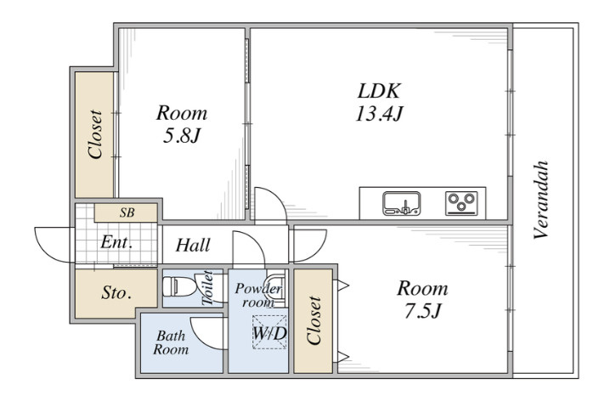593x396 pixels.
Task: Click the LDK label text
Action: (379, 91)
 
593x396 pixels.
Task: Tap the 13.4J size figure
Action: (379, 113)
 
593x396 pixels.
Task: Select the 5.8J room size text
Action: (181, 136)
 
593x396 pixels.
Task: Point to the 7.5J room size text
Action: (422, 311)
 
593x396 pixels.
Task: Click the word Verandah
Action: (541, 201)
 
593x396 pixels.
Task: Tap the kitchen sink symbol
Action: (402, 203)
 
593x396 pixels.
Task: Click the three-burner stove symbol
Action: (461, 203)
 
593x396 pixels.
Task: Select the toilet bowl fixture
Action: (179, 287)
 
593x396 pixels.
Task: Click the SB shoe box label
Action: (127, 212)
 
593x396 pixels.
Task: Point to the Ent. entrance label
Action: (116, 242)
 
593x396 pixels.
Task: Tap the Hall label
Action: (193, 245)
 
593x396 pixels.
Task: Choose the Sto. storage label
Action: (116, 292)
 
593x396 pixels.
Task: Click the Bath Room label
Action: (171, 342)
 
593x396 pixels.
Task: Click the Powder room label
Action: (258, 295)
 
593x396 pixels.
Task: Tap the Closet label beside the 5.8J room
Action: (95, 134)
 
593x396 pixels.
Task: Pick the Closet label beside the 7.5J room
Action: (313, 320)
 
